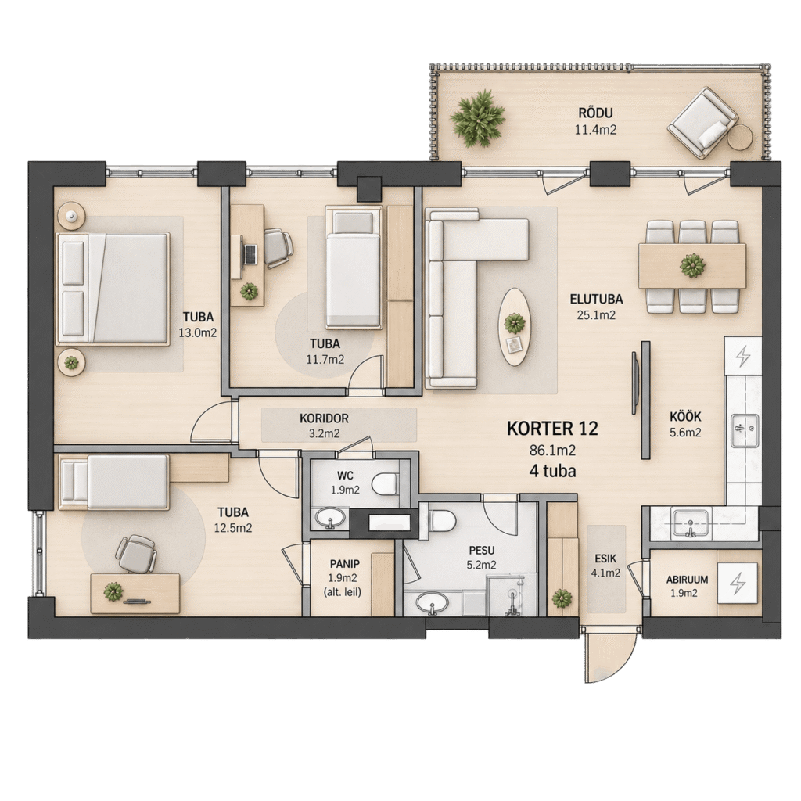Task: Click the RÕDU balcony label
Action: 595,113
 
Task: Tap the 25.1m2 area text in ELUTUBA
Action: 596,315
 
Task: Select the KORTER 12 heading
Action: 552,429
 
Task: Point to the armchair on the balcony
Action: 702,123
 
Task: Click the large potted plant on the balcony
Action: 479,118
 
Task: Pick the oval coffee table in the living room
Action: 515,327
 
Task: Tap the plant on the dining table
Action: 692,266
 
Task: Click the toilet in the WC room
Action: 385,483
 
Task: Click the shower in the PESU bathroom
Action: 512,595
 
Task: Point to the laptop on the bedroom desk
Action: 250,254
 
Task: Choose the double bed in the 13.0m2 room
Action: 113,289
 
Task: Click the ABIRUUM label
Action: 687,580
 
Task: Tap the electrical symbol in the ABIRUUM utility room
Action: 738,583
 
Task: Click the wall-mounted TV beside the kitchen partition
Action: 634,383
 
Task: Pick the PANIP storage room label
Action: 344,564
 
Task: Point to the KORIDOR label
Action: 324,418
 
